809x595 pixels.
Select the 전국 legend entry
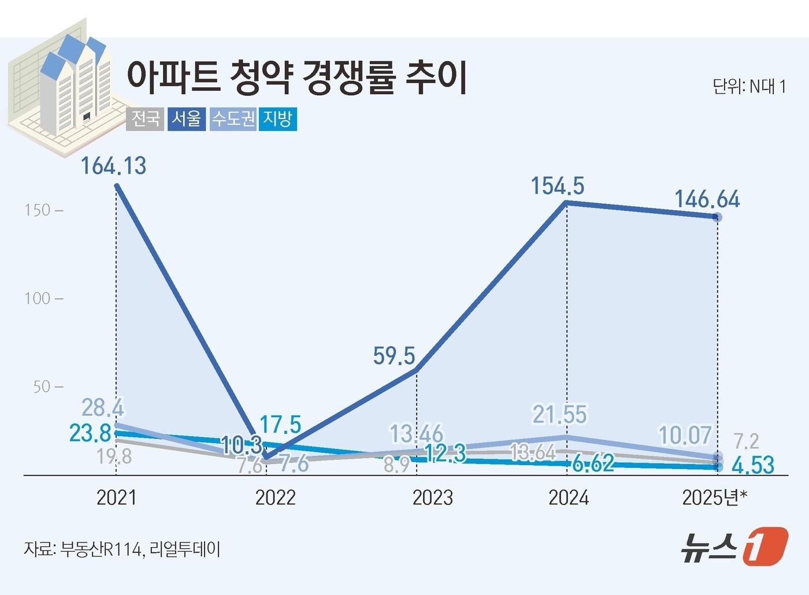pyautogui.click(x=145, y=119)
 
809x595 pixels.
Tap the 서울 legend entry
pyautogui.click(x=187, y=119)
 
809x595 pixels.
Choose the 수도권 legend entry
pyautogui.click(x=233, y=119)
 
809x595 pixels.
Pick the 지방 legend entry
pyautogui.click(x=277, y=119)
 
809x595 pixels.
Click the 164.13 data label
pyautogui.click(x=113, y=166)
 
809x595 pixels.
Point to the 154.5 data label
pyautogui.click(x=558, y=186)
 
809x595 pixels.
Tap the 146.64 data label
pyautogui.click(x=707, y=199)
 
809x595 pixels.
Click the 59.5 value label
pyautogui.click(x=394, y=356)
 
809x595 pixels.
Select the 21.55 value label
pyautogui.click(x=559, y=415)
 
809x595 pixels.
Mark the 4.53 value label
pyautogui.click(x=752, y=464)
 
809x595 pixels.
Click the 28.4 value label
pyautogui.click(x=103, y=408)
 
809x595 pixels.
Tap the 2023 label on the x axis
pyautogui.click(x=432, y=497)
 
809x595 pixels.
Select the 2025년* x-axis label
pyautogui.click(x=715, y=497)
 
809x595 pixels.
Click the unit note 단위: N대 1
pyautogui.click(x=749, y=87)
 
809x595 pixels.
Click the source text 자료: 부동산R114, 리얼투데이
pyautogui.click(x=122, y=549)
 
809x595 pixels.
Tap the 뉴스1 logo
pyautogui.click(x=733, y=546)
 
